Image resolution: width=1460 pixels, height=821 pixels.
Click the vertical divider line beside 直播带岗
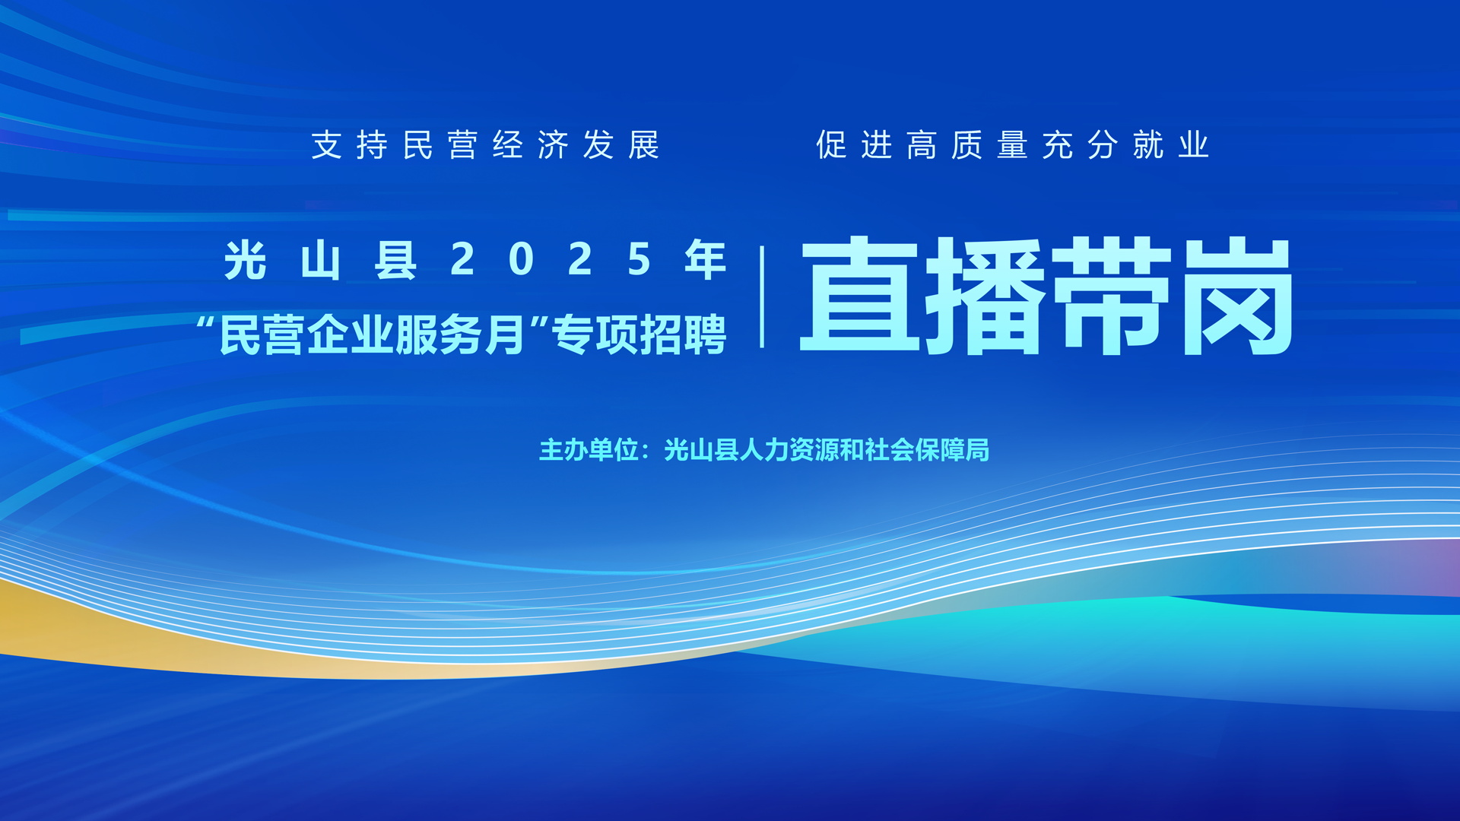(x=762, y=296)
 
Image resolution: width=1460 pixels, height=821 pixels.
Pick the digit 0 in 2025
(x=522, y=260)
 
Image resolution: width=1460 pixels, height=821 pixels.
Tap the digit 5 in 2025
(x=640, y=260)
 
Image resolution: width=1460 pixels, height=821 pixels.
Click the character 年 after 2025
(x=706, y=260)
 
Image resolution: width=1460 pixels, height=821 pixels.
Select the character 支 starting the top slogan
(x=327, y=144)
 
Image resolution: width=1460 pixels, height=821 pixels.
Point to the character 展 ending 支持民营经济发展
(x=643, y=144)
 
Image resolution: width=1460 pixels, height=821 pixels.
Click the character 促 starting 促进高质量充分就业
(x=832, y=144)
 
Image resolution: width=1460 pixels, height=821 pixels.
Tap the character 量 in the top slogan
(x=1013, y=144)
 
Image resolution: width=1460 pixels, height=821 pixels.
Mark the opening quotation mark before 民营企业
(x=205, y=322)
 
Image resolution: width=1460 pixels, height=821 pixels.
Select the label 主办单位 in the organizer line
(x=589, y=450)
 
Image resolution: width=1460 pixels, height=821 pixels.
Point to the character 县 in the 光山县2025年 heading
(x=395, y=260)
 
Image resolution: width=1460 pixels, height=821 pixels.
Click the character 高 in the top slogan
(x=922, y=144)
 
